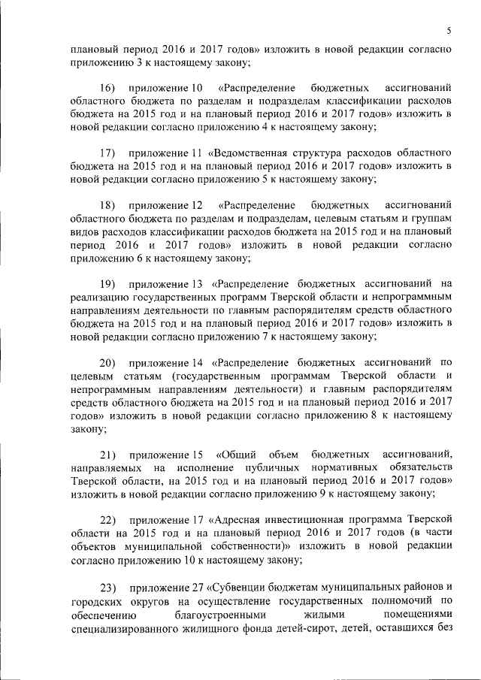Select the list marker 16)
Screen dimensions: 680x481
[107, 89]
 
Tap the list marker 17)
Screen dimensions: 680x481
[107, 154]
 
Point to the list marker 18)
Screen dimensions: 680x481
[107, 205]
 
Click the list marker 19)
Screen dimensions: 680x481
[107, 284]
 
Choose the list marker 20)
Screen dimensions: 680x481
[107, 362]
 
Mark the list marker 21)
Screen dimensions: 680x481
[107, 454]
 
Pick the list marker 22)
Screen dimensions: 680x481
[107, 519]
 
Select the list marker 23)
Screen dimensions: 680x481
[107, 585]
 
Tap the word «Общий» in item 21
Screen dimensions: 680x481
[239, 454]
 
